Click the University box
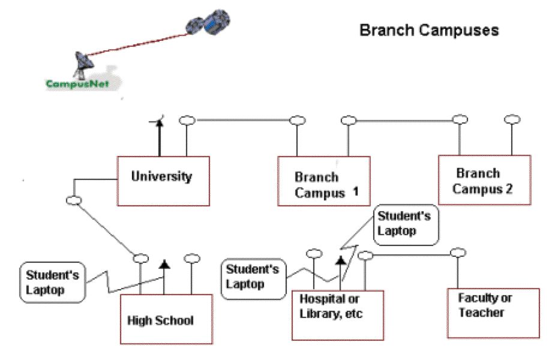[163, 181]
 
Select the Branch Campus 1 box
[324, 181]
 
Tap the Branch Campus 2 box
[485, 180]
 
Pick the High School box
[167, 319]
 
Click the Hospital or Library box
[338, 316]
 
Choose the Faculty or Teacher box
[494, 313]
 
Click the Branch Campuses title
[429, 30]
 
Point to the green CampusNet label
[77, 84]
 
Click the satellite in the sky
[208, 22]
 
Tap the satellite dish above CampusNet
[83, 65]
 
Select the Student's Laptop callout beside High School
[53, 283]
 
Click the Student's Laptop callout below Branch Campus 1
[406, 225]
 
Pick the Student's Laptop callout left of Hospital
[253, 279]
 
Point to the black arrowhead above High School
[164, 265]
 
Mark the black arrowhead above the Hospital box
[341, 260]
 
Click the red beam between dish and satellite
[138, 44]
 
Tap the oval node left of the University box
[74, 200]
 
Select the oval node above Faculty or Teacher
[458, 253]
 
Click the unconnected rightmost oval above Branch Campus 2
[512, 119]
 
